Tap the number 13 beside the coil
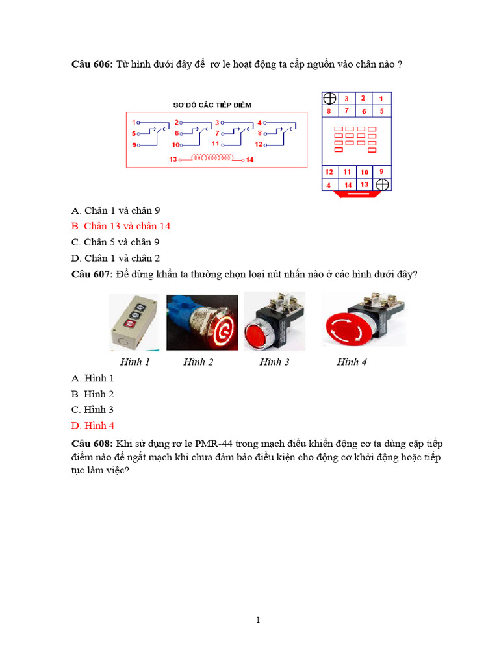173,159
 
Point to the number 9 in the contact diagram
135,145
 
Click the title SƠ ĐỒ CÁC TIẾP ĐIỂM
212,104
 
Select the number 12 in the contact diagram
259,144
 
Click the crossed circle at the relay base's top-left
330,99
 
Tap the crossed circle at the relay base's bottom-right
383,185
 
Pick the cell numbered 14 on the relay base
348,185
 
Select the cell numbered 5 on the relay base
381,111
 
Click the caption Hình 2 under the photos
198,362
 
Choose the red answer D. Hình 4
93,425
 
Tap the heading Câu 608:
92,444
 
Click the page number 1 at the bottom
258,620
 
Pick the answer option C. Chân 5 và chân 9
116,242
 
